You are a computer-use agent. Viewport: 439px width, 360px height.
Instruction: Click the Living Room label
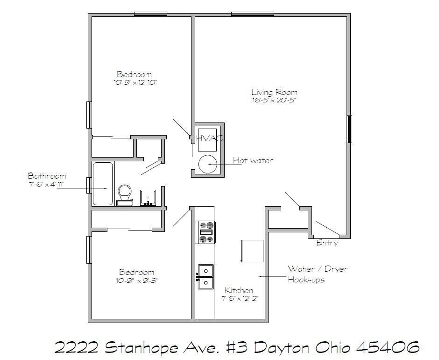pos(274,92)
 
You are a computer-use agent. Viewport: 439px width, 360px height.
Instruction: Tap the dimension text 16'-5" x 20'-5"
pos(274,100)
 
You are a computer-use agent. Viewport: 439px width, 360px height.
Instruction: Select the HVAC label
pos(209,138)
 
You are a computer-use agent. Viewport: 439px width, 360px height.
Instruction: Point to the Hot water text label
pos(253,161)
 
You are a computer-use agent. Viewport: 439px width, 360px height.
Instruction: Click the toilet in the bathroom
pos(124,194)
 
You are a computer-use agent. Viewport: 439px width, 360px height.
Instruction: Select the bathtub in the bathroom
pos(103,183)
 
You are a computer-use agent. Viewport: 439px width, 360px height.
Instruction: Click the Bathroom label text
pos(47,176)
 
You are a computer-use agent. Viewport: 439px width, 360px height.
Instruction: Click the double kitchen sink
pos(205,276)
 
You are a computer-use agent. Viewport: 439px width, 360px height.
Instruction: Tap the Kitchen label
pos(239,290)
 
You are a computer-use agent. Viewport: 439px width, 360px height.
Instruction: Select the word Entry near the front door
pos(327,243)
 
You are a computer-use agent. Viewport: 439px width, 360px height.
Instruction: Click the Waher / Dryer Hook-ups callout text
pos(317,274)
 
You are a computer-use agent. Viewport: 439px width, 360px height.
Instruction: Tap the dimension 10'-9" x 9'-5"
pos(136,280)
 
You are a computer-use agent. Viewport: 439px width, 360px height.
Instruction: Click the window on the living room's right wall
pos(349,129)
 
